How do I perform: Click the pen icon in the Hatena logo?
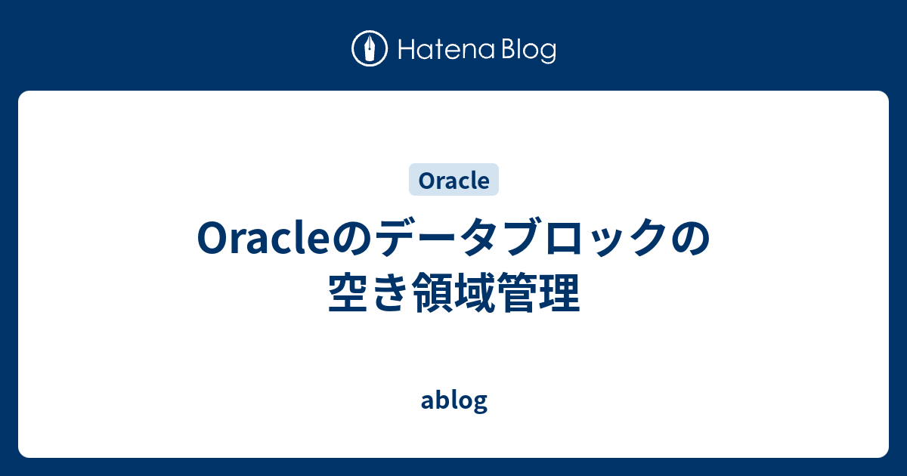[370, 50]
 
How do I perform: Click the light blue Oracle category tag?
[453, 181]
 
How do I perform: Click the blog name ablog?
[453, 400]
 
